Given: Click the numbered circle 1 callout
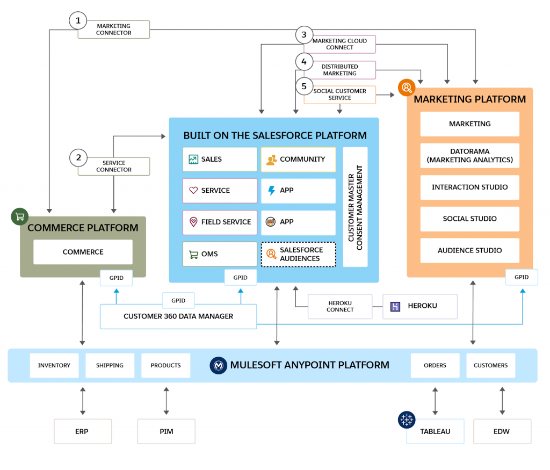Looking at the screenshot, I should coord(78,21).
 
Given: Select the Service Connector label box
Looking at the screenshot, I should coord(114,167).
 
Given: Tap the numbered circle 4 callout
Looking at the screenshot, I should coord(304,62).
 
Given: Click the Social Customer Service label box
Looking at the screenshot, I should coord(340,95).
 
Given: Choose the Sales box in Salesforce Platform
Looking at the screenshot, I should coord(220,160).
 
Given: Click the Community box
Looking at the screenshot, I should coord(299,160).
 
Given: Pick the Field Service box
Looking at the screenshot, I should coord(220,222).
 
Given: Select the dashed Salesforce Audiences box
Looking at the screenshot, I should coord(299,254).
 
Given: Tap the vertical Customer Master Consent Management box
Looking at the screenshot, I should coord(355,207).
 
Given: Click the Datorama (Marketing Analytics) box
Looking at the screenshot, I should coord(470,156).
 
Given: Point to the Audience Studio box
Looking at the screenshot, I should coord(470,250).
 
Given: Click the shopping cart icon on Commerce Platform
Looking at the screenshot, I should coord(20,216).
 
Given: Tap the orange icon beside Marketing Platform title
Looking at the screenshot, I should coord(407,87).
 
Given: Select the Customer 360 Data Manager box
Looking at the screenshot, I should coord(178,316).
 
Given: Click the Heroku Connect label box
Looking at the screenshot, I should coord(340,306).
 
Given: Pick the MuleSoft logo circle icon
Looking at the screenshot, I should coord(218,365).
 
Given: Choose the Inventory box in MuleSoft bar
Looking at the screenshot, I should coord(54,365).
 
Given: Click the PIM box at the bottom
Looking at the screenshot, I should coord(167,431).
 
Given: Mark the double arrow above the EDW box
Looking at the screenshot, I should coord(502,400).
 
